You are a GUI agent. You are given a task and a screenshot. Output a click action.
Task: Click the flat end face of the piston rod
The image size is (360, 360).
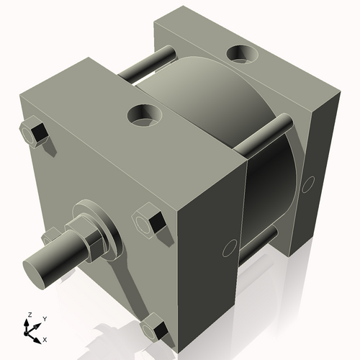[x=35, y=271]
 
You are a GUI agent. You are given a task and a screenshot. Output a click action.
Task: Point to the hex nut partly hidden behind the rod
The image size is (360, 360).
[x=51, y=236]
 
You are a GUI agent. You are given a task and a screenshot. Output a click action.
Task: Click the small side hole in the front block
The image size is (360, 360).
[x=230, y=248]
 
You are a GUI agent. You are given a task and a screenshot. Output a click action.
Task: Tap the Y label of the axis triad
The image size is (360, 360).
[x=45, y=318]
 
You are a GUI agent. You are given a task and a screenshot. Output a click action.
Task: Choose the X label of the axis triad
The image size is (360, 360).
[x=45, y=338]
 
